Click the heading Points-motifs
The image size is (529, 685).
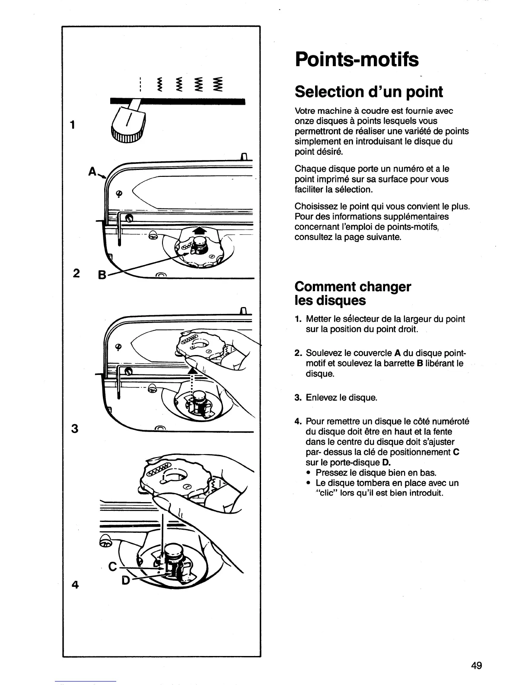[357, 60]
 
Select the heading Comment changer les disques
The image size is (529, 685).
[352, 293]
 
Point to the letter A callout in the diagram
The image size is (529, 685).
[92, 172]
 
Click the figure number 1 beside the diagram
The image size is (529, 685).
[74, 125]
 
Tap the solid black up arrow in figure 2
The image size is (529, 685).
[199, 231]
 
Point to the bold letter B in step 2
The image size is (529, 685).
[419, 363]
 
